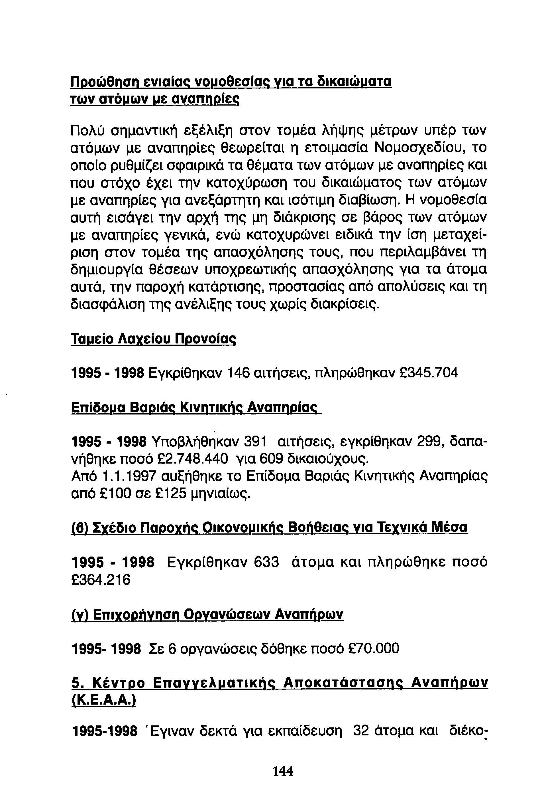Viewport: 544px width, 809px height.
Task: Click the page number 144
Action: (283, 771)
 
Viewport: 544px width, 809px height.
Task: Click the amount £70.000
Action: (373, 648)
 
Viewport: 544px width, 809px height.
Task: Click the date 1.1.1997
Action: (129, 476)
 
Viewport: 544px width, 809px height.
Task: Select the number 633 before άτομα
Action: (266, 562)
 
